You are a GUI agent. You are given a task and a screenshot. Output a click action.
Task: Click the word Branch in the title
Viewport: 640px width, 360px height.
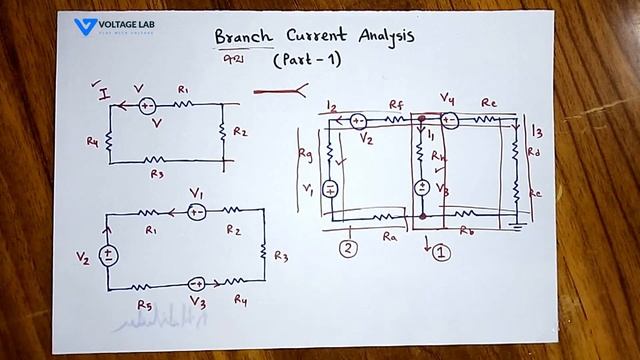point(243,38)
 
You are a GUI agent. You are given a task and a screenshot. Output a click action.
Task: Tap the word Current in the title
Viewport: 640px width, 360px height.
point(316,37)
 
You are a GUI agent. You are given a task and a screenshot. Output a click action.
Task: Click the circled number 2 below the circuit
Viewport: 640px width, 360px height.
point(348,248)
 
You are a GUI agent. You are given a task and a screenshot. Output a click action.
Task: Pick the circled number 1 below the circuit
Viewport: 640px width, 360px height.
point(441,252)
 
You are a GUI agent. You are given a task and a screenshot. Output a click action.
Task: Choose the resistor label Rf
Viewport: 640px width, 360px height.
point(395,102)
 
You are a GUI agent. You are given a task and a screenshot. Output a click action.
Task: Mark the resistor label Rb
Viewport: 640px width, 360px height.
point(466,231)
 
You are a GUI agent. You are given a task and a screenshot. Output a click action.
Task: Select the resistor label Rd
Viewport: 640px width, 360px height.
point(534,153)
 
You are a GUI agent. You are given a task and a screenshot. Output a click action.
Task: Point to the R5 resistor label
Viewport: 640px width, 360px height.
point(144,304)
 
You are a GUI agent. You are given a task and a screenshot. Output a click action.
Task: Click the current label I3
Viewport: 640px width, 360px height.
point(538,130)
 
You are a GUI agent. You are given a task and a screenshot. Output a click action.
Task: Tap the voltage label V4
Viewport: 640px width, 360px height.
point(447,98)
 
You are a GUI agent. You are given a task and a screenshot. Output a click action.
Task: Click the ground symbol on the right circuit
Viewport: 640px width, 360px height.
point(517,226)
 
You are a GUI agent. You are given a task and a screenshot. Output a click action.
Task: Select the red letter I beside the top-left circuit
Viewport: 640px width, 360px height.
point(103,94)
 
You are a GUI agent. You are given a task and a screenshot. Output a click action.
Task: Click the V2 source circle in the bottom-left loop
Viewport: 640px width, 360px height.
point(109,255)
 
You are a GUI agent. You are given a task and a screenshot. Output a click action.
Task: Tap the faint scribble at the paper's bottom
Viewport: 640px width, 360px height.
point(150,323)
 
